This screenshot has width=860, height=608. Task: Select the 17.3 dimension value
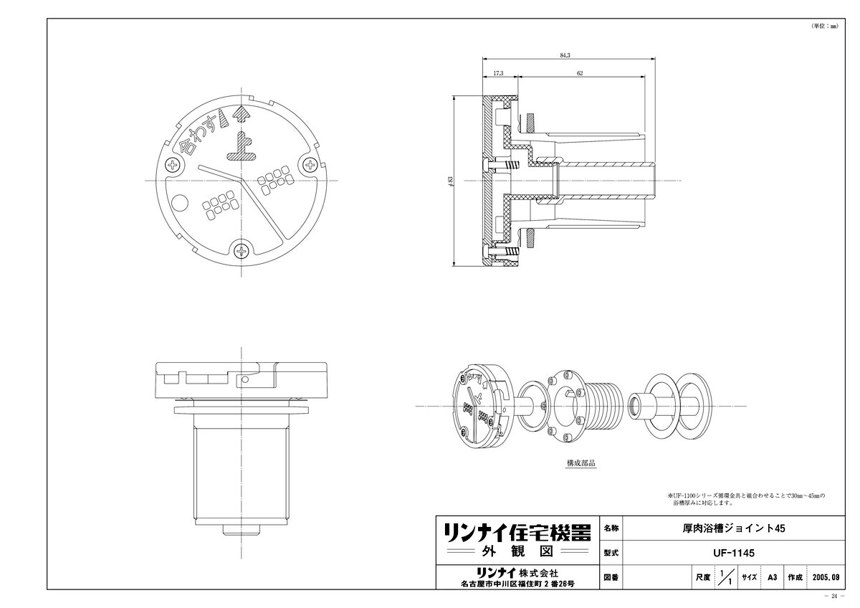[x=499, y=73]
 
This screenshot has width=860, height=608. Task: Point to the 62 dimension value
[x=578, y=73]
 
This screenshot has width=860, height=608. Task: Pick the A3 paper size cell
[x=772, y=576]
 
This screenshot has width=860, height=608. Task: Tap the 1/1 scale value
[x=726, y=576]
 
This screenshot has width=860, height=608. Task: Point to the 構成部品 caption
[x=580, y=463]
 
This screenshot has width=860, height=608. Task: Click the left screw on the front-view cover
[x=173, y=166]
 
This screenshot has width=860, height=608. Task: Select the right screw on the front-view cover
[x=310, y=165]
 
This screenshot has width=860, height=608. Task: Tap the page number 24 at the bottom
[x=835, y=597]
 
